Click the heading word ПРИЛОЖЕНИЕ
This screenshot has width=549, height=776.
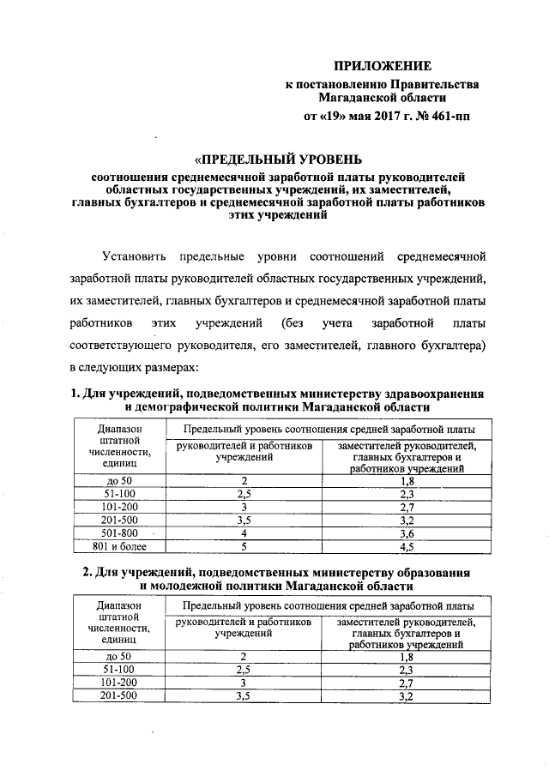(x=383, y=66)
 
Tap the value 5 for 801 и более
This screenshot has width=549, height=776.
(x=244, y=545)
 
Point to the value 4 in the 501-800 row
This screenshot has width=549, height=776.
(x=244, y=532)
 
